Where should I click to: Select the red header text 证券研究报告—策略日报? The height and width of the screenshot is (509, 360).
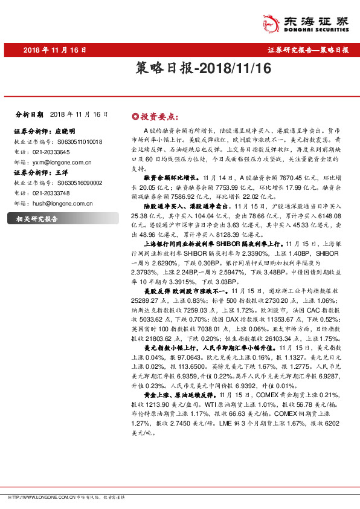[x=308, y=50]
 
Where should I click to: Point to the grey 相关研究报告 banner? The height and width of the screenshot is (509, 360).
[x=42, y=218]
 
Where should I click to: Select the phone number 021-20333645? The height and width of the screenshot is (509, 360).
[x=50, y=152]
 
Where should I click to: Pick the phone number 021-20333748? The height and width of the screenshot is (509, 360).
[x=50, y=193]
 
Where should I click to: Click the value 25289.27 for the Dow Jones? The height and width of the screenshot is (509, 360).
[x=144, y=299]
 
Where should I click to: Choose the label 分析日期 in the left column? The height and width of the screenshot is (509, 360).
[x=28, y=114]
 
